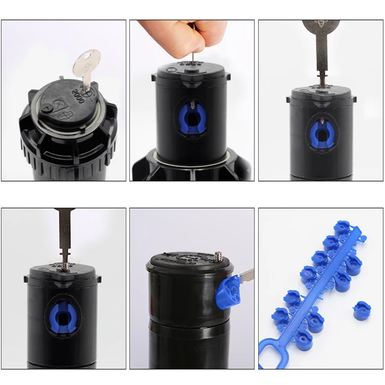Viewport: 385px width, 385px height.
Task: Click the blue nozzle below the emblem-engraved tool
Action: pyautogui.click(x=321, y=132)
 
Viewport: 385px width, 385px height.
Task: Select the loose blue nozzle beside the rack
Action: pyautogui.click(x=360, y=312)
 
